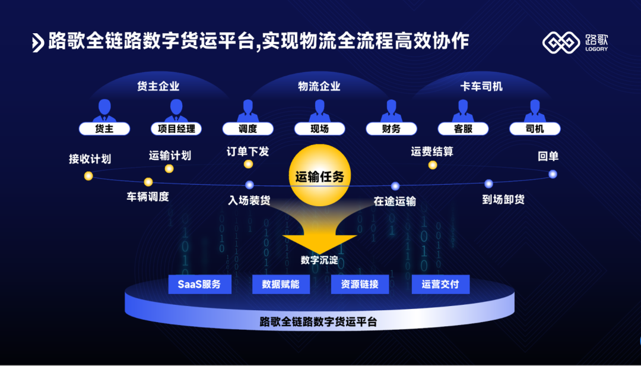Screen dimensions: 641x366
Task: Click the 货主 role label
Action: pyautogui.click(x=104, y=128)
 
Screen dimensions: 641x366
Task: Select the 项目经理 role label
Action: pyautogui.click(x=176, y=128)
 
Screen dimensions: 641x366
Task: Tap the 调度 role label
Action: pyautogui.click(x=247, y=128)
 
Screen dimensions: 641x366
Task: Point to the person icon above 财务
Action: pyautogui.click(x=391, y=111)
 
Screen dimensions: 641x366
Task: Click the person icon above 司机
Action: pyautogui.click(x=535, y=111)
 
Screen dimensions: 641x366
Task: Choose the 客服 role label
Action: pyautogui.click(x=463, y=128)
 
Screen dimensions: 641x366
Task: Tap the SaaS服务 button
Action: pyautogui.click(x=199, y=284)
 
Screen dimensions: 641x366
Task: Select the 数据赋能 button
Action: pyautogui.click(x=281, y=284)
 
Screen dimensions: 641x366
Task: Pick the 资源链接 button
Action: pyautogui.click(x=359, y=284)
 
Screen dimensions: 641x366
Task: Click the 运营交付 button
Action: pyautogui.click(x=440, y=284)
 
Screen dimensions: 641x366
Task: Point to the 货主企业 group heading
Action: pyautogui.click(x=158, y=86)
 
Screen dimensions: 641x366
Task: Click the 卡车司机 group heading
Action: pyautogui.click(x=481, y=86)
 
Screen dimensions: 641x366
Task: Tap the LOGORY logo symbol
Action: pyautogui.click(x=560, y=42)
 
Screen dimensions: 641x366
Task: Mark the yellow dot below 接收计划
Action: pyautogui.click(x=88, y=176)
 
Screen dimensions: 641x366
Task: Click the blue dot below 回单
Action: pyautogui.click(x=553, y=174)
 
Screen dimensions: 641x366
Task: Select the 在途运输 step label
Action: pyautogui.click(x=395, y=201)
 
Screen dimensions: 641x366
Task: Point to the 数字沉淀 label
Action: pyautogui.click(x=319, y=260)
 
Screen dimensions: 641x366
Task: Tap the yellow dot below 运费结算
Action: pyautogui.click(x=433, y=165)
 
